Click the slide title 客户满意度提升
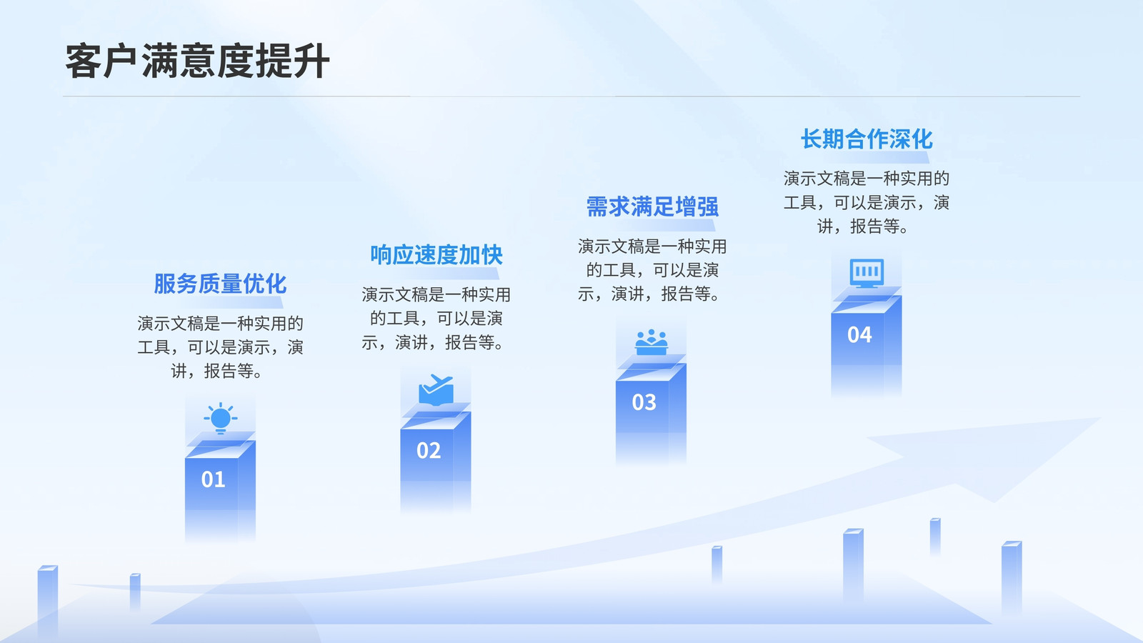pyautogui.click(x=197, y=61)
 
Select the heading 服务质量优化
pyautogui.click(x=220, y=284)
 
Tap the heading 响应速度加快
pyautogui.click(x=436, y=255)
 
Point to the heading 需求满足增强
pyautogui.click(x=652, y=206)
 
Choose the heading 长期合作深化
pyautogui.click(x=867, y=139)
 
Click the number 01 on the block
pyautogui.click(x=214, y=479)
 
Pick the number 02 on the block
pyautogui.click(x=429, y=450)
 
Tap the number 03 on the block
pyautogui.click(x=644, y=402)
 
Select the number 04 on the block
pyautogui.click(x=859, y=335)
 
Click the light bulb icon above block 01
pyautogui.click(x=221, y=419)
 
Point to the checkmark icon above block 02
pyautogui.click(x=436, y=390)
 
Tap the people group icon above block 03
pyautogui.click(x=651, y=342)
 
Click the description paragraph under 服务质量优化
pyautogui.click(x=221, y=347)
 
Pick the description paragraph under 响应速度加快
pyautogui.click(x=436, y=319)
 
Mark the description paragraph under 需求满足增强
pyautogui.click(x=652, y=270)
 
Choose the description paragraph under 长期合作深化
pyautogui.click(x=867, y=202)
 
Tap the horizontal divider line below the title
pyautogui.click(x=571, y=96)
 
